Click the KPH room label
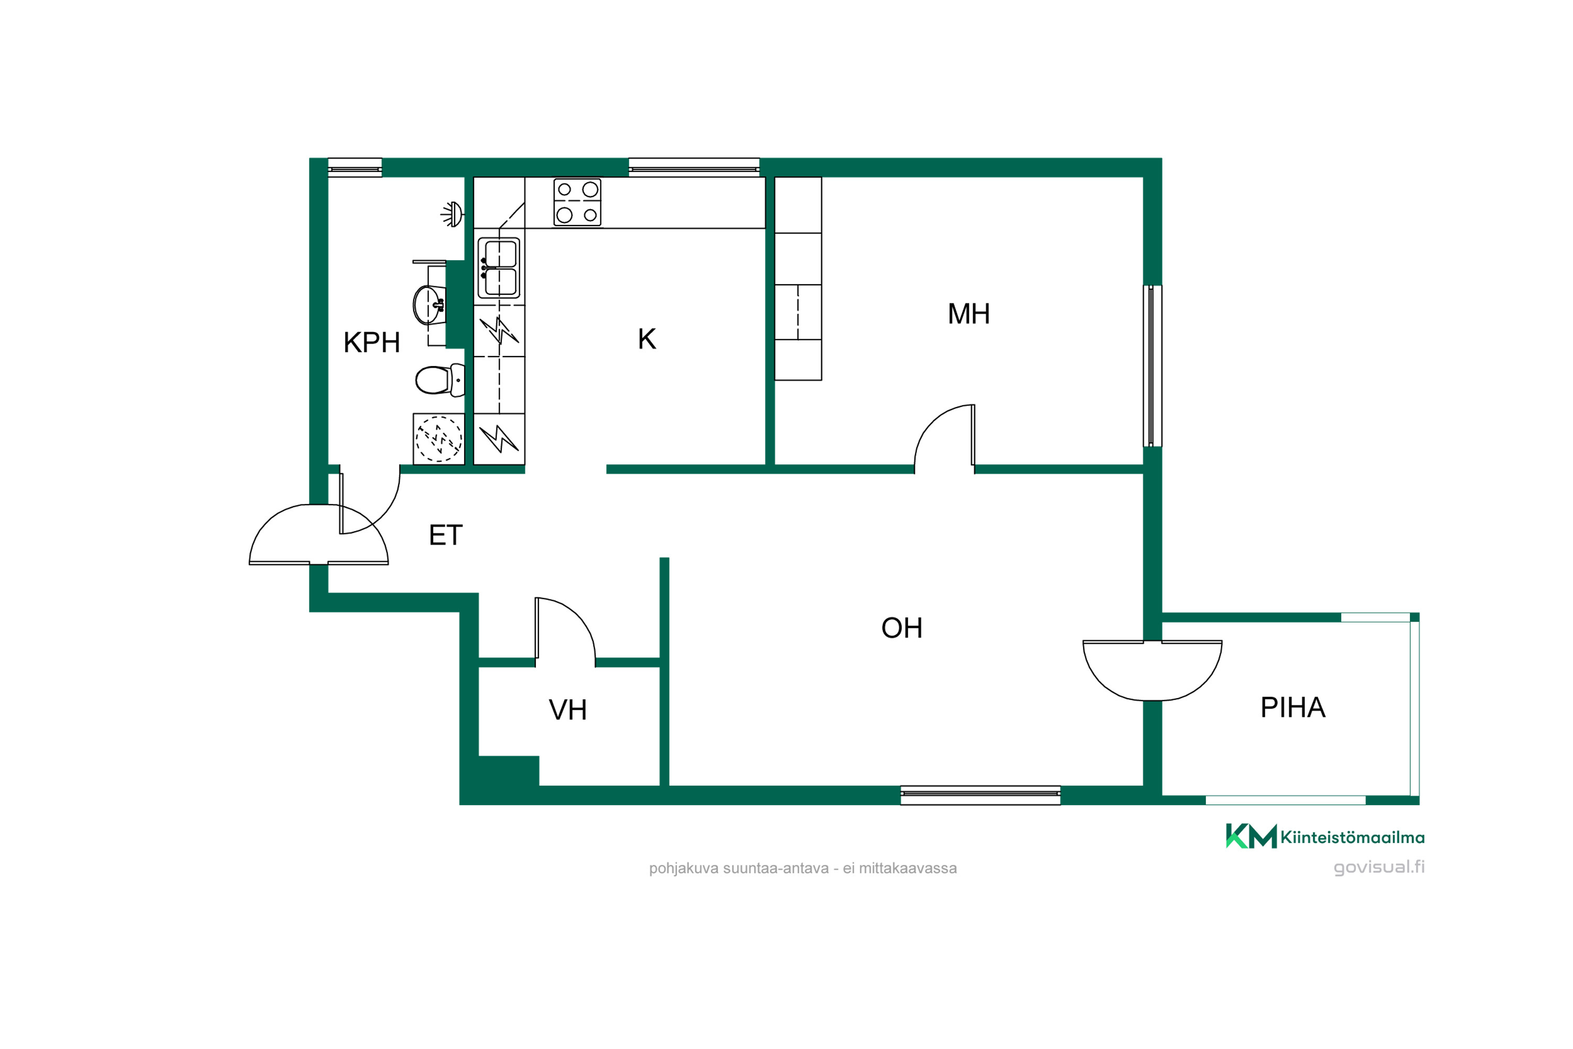pyautogui.click(x=371, y=342)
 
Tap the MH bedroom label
pyautogui.click(x=968, y=314)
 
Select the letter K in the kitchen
pyautogui.click(x=647, y=339)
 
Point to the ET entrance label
pyautogui.click(x=445, y=535)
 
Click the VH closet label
pyautogui.click(x=568, y=710)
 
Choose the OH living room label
pyautogui.click(x=901, y=628)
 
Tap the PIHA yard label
pyautogui.click(x=1293, y=707)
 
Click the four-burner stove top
pyautogui.click(x=577, y=202)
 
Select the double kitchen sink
pyautogui.click(x=499, y=267)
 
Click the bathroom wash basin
pyautogui.click(x=429, y=305)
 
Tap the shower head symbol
pyautogui.click(x=452, y=214)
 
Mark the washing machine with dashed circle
pyautogui.click(x=439, y=439)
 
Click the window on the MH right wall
pyautogui.click(x=1152, y=366)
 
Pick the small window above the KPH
pyautogui.click(x=355, y=168)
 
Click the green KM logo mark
pyautogui.click(x=1251, y=836)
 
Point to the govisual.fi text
pyautogui.click(x=1379, y=868)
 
